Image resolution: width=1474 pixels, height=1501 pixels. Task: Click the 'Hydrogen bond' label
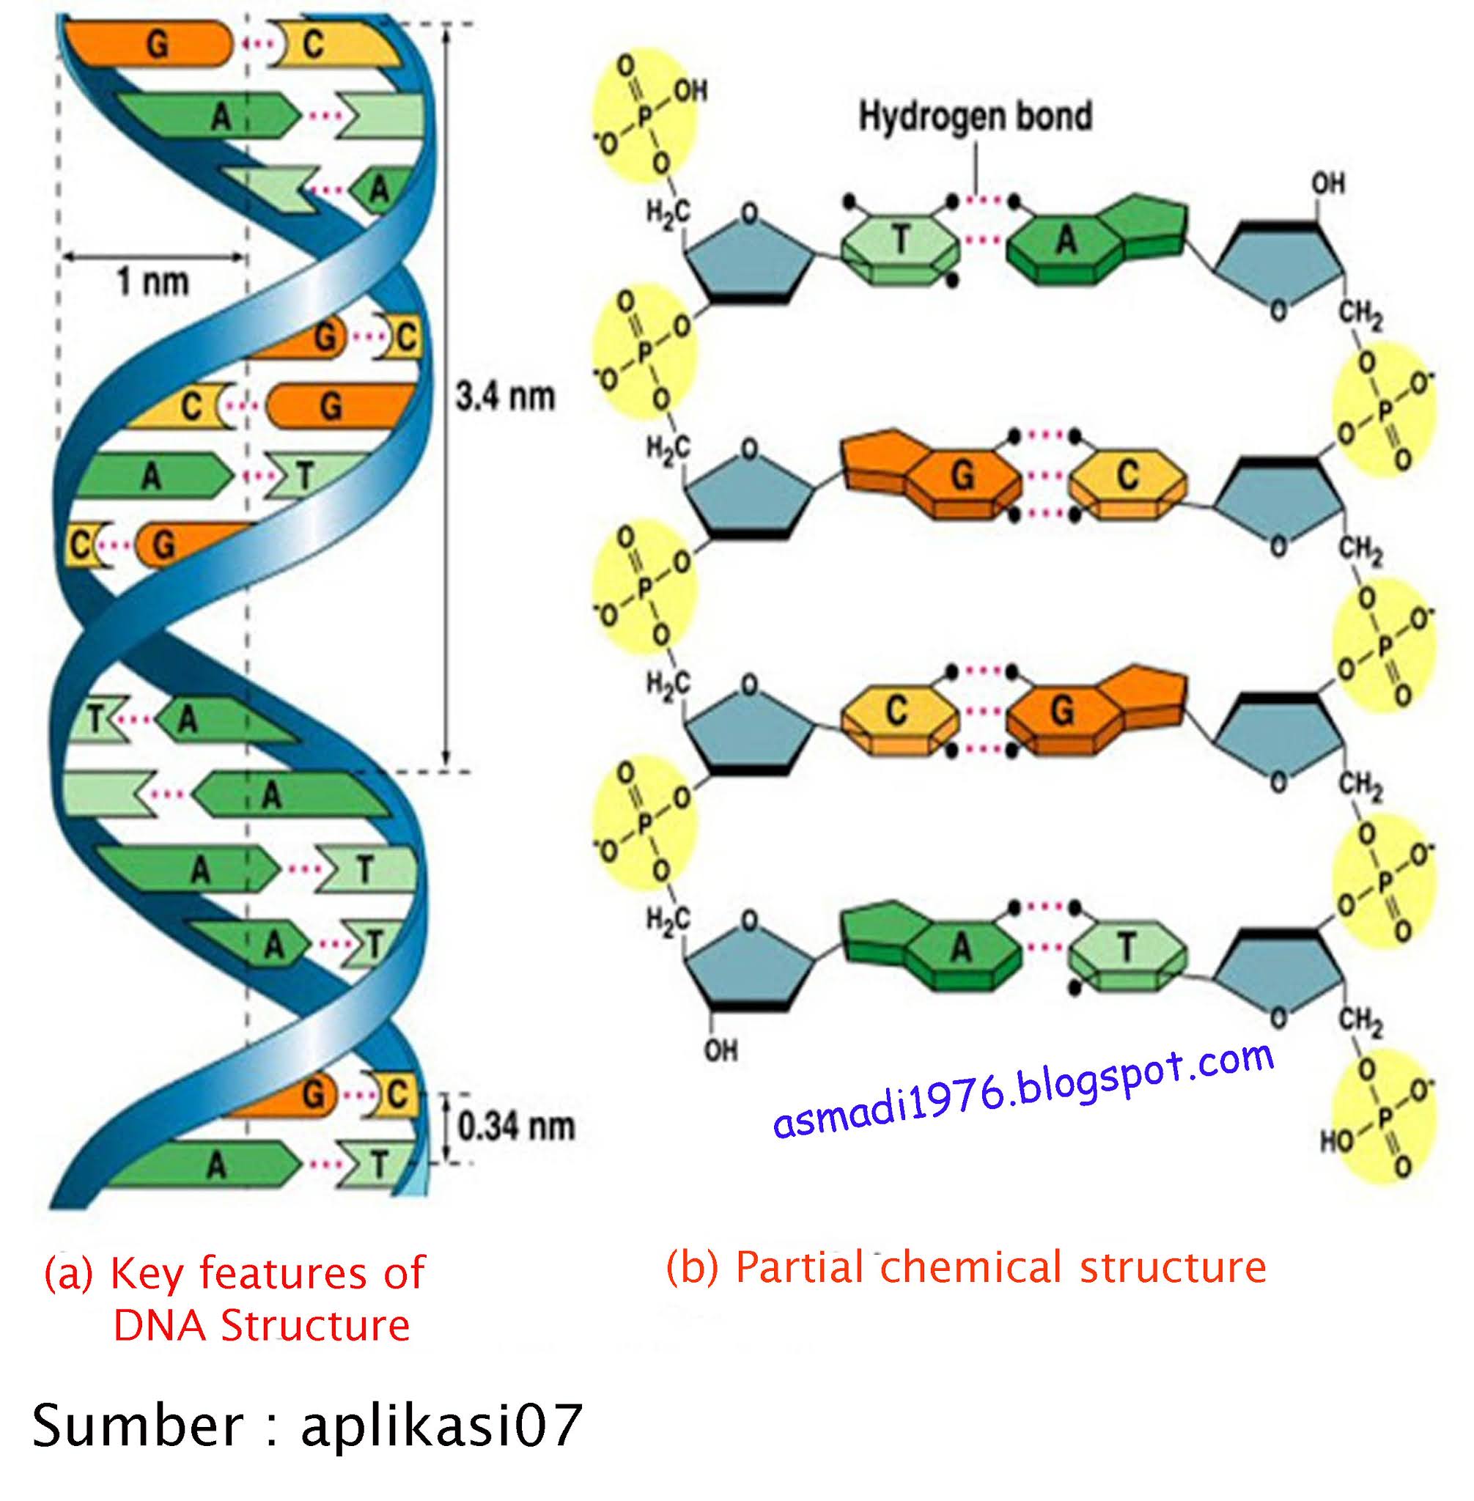(x=976, y=117)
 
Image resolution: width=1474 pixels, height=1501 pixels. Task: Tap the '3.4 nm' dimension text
(x=505, y=397)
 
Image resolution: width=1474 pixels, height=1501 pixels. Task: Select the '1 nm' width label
(x=152, y=281)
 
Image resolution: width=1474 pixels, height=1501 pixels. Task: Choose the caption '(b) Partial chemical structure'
(x=965, y=1267)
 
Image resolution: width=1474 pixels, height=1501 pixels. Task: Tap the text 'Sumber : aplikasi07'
(x=306, y=1426)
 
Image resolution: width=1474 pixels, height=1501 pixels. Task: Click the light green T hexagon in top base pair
(x=900, y=243)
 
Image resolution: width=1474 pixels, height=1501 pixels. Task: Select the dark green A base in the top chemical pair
(x=1066, y=243)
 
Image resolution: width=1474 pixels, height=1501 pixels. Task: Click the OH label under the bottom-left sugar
(x=721, y=1050)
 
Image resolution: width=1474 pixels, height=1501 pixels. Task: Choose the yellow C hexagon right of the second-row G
(x=1127, y=478)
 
